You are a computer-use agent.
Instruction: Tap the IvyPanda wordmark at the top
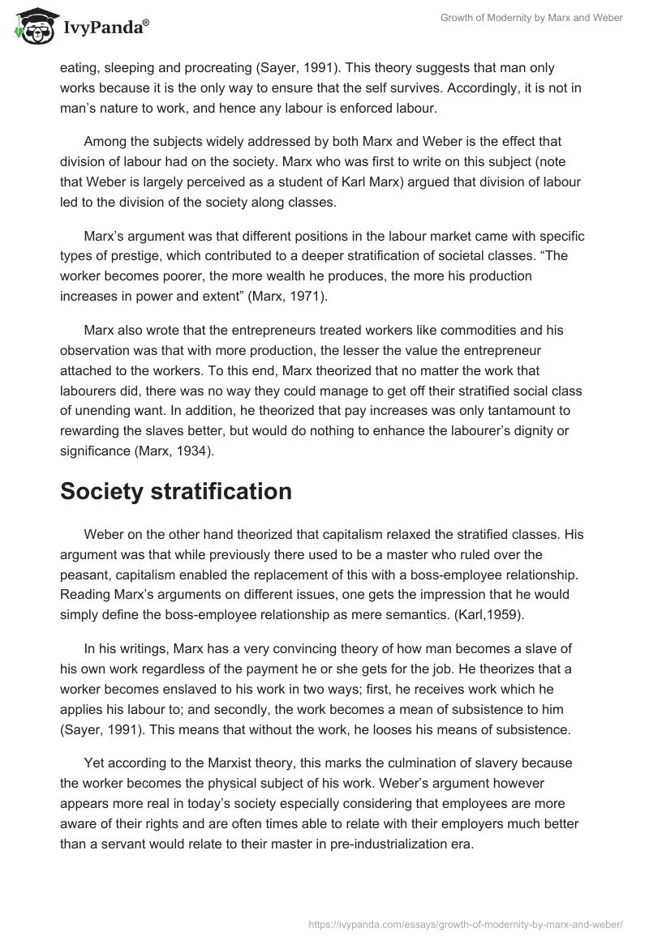[x=105, y=27]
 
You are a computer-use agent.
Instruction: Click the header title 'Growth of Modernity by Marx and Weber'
[x=531, y=18]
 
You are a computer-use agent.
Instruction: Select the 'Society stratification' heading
[x=176, y=492]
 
